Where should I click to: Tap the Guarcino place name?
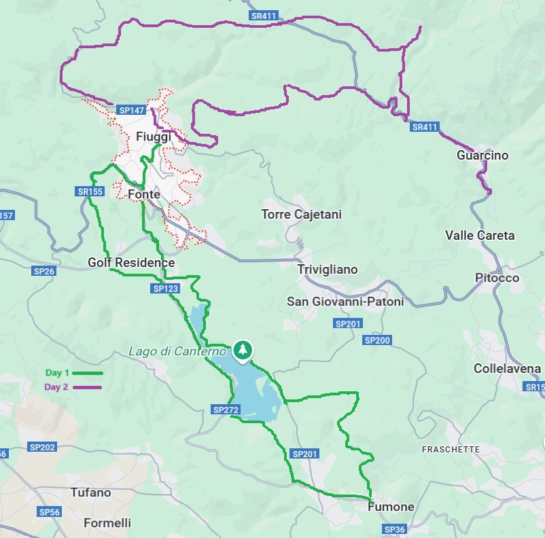click(x=482, y=155)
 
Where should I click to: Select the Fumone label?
click(x=391, y=507)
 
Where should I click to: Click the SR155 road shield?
click(x=90, y=192)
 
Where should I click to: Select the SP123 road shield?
click(x=165, y=289)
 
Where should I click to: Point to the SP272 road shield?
click(x=225, y=410)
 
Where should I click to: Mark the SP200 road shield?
click(x=377, y=340)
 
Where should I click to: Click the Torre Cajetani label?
click(x=301, y=215)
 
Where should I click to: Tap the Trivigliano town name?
click(x=327, y=270)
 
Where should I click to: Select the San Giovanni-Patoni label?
click(x=345, y=302)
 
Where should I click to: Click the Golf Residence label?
click(x=131, y=262)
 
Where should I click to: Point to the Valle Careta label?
click(x=480, y=236)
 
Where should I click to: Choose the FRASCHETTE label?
click(x=451, y=450)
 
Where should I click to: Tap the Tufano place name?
click(x=90, y=492)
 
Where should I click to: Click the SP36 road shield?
click(x=393, y=528)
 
